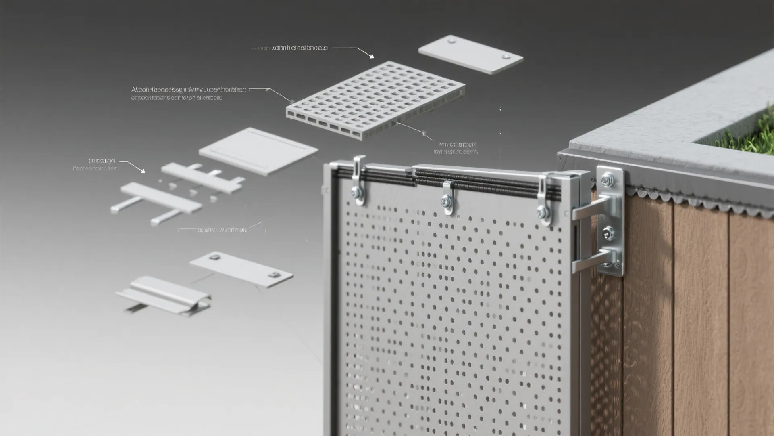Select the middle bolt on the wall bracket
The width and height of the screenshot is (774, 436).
pyautogui.click(x=608, y=232)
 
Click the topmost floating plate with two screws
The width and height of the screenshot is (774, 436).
pyautogui.click(x=471, y=55)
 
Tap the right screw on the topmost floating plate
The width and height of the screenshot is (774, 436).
pyautogui.click(x=505, y=56)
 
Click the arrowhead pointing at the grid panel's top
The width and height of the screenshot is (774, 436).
pyautogui.click(x=372, y=57)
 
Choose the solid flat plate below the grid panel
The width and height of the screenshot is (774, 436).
pyautogui.click(x=258, y=151)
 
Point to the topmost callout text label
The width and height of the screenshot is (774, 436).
pyautogui.click(x=299, y=48)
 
